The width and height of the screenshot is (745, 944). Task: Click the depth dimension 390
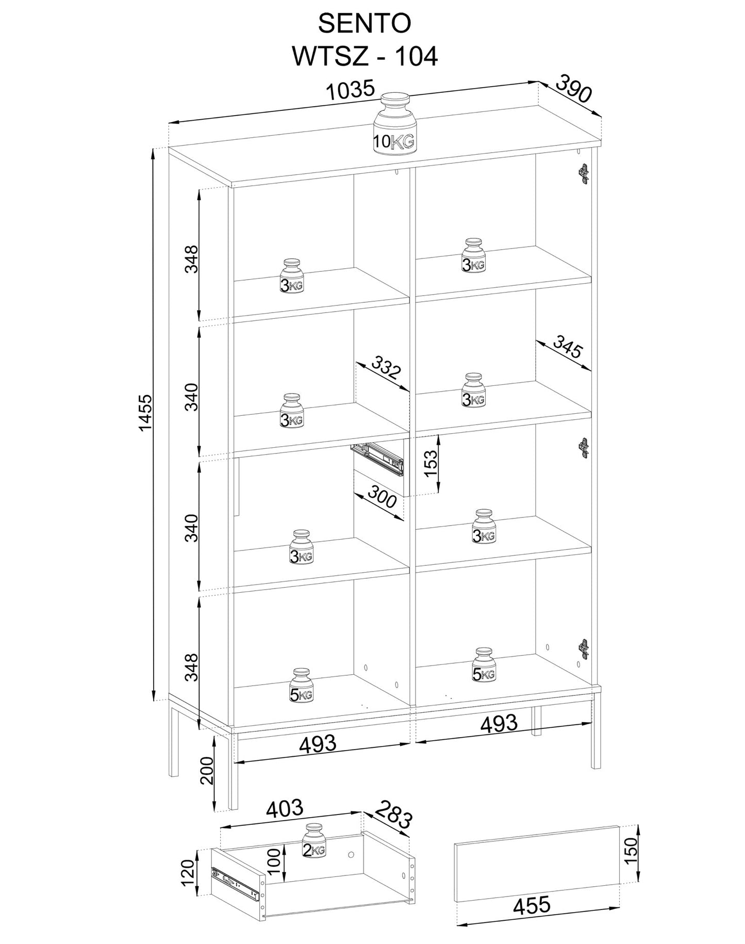pos(574,89)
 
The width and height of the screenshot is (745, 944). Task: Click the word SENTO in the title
pos(365,24)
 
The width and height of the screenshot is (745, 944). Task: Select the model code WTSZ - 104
pos(365,56)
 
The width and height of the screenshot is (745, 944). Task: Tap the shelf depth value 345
pos(567,346)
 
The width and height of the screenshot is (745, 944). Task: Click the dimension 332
pos(385,367)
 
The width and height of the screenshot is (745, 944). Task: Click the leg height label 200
pos(207,770)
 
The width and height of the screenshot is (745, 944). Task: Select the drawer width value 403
pos(285,808)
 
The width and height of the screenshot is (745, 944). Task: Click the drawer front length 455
pos(532,904)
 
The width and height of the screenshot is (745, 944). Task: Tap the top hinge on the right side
pos(584,174)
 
